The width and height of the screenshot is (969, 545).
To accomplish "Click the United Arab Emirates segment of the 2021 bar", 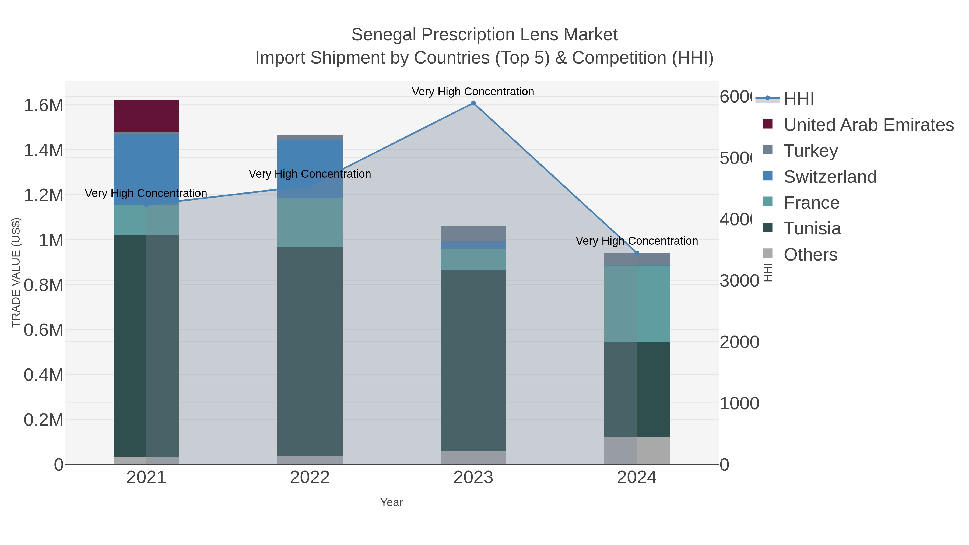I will point(146,116).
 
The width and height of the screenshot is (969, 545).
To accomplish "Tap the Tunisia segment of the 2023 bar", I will point(473,360).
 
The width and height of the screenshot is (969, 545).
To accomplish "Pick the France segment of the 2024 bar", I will point(637,304).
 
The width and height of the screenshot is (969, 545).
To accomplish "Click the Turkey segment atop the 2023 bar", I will point(473,233).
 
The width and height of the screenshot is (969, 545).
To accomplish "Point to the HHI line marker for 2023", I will point(473,103).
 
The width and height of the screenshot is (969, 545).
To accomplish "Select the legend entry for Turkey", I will point(811,150).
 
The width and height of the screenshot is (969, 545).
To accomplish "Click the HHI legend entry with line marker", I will point(798,99).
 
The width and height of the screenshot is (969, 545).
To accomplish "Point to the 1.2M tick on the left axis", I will point(43,195).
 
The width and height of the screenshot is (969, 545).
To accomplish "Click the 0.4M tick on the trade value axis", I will point(43,375).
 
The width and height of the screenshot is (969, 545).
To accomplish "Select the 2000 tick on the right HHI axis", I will point(739,342).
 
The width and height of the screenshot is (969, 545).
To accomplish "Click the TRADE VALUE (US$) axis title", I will point(16,272).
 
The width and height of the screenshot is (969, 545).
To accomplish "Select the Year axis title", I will point(391,502).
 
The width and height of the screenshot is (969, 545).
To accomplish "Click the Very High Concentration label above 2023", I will point(473,92).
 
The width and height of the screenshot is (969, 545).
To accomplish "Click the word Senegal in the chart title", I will point(384,35).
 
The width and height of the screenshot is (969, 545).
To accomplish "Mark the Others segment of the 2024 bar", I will point(637,450).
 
